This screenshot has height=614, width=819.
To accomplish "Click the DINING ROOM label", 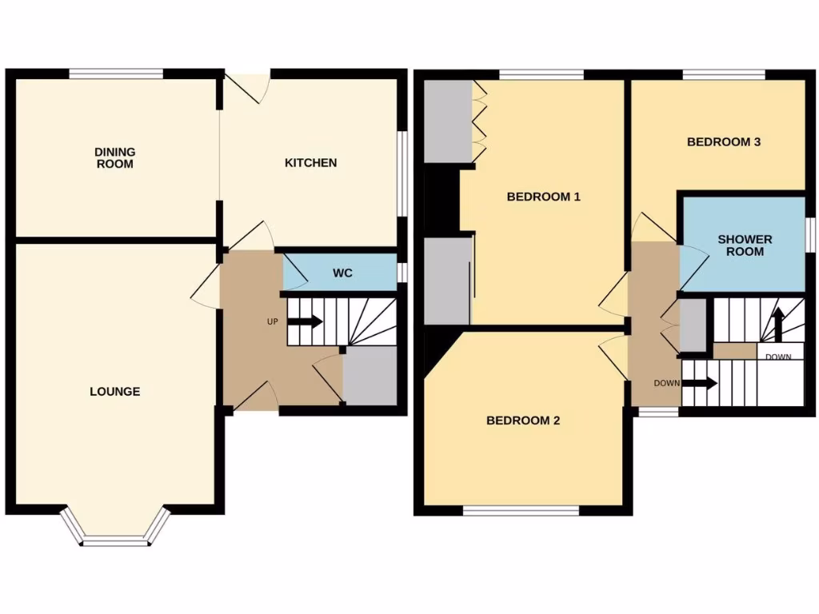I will [x=115, y=157].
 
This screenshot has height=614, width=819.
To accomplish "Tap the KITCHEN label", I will [x=311, y=163].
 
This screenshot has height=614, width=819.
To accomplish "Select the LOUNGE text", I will [x=115, y=392].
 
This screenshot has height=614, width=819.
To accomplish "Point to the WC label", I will [x=343, y=273].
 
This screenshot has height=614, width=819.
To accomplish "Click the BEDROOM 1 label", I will [x=543, y=197].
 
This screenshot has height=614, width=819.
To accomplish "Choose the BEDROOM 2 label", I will [x=523, y=421].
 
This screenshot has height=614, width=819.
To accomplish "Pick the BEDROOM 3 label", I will [x=724, y=142].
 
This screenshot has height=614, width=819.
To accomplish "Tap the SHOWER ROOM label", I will [x=745, y=245].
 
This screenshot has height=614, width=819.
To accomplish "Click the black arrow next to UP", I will [x=304, y=322].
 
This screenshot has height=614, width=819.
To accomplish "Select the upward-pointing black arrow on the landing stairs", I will [x=775, y=323].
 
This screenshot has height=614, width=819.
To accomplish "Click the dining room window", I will [x=116, y=74].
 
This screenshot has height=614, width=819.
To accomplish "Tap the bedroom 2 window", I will [x=521, y=509].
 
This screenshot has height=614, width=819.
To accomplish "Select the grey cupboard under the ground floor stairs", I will [x=370, y=376].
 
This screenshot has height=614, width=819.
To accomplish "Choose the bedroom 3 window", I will [x=724, y=74].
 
